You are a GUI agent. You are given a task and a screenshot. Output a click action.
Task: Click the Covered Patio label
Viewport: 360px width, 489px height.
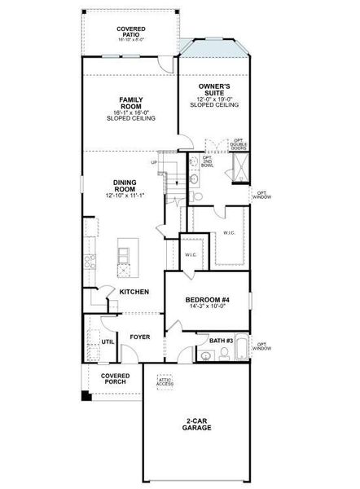click(x=131, y=33)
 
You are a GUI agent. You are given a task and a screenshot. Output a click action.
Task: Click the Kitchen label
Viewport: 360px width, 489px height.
click(x=134, y=292)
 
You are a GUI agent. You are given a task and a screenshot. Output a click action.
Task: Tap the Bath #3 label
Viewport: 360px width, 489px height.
click(x=219, y=339)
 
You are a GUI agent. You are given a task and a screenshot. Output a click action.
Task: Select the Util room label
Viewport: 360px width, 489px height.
click(x=108, y=341)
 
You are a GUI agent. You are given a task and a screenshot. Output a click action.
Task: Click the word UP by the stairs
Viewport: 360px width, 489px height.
click(x=154, y=163)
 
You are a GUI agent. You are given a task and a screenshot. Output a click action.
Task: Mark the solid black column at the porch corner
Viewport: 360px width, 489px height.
click(x=86, y=397)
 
